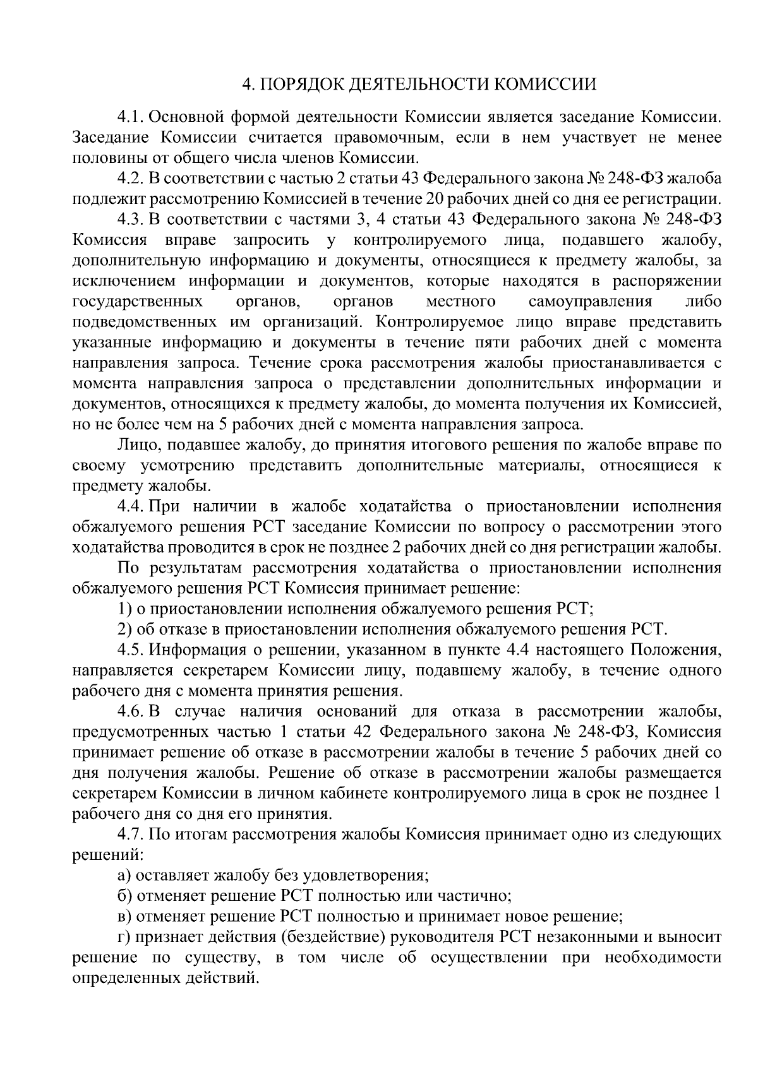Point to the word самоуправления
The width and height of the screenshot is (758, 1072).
point(590,302)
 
